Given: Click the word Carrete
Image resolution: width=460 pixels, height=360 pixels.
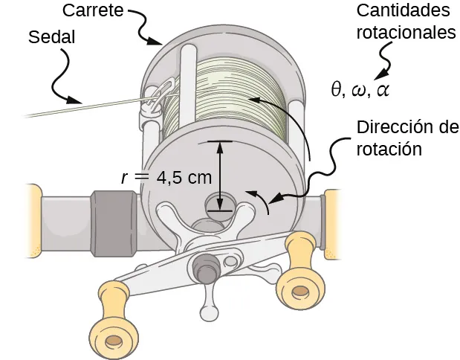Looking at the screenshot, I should pos(92,11).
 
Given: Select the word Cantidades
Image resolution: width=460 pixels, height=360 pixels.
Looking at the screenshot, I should pos(404,11).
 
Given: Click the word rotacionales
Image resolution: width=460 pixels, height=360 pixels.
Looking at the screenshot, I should pos(406,33).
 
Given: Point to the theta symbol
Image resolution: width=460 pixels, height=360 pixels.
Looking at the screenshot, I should pos(337,90).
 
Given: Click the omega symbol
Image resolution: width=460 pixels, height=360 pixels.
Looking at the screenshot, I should pos(360,91).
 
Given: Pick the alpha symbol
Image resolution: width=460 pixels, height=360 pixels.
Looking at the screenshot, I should pos(382,91).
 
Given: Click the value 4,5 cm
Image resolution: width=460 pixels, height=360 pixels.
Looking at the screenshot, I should pos(185,178).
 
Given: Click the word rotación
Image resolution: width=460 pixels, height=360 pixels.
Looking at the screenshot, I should pos(389,149).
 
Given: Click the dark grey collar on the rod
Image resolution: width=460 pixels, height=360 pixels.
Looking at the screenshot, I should pos(114,220).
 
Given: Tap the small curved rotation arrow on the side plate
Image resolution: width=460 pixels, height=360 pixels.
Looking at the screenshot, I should pos(260,199).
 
